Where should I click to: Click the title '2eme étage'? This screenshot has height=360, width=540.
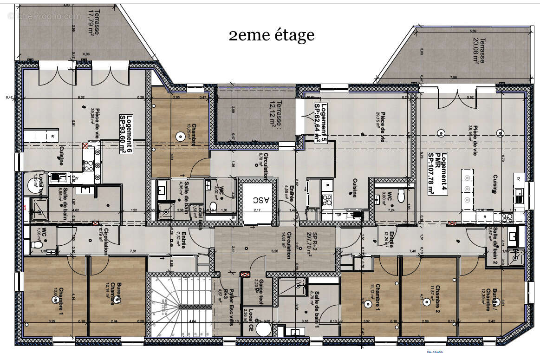pos(272,35)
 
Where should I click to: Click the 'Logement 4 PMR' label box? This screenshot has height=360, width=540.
pos(437,173)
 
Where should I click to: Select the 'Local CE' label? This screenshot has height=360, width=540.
pos(250,318)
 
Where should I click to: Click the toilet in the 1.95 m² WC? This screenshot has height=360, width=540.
pos(38,244)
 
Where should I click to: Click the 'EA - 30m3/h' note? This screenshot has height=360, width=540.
pos(436,352)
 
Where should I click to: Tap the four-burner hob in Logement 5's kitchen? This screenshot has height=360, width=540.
pos(327,200)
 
